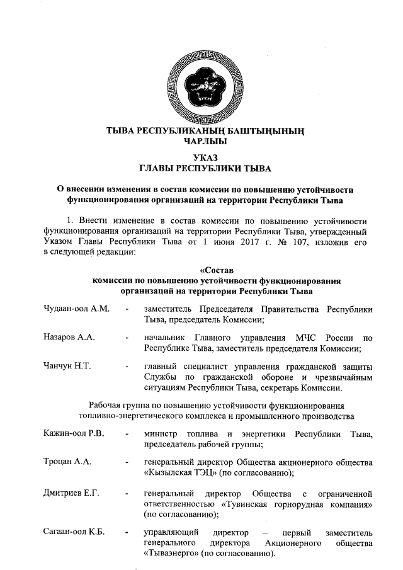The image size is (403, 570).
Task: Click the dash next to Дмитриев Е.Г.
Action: (128, 493)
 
